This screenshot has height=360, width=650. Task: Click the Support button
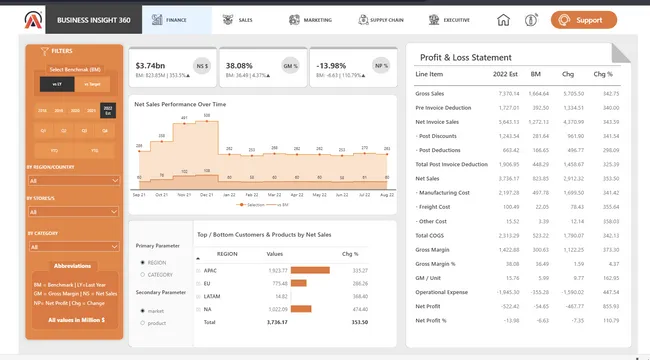(x=583, y=20)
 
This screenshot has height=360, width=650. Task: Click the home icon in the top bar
(x=503, y=20)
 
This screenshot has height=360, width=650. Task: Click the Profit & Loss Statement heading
(x=465, y=58)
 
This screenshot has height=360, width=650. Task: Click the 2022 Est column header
(x=507, y=74)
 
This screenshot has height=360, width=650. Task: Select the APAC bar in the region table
(x=310, y=270)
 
